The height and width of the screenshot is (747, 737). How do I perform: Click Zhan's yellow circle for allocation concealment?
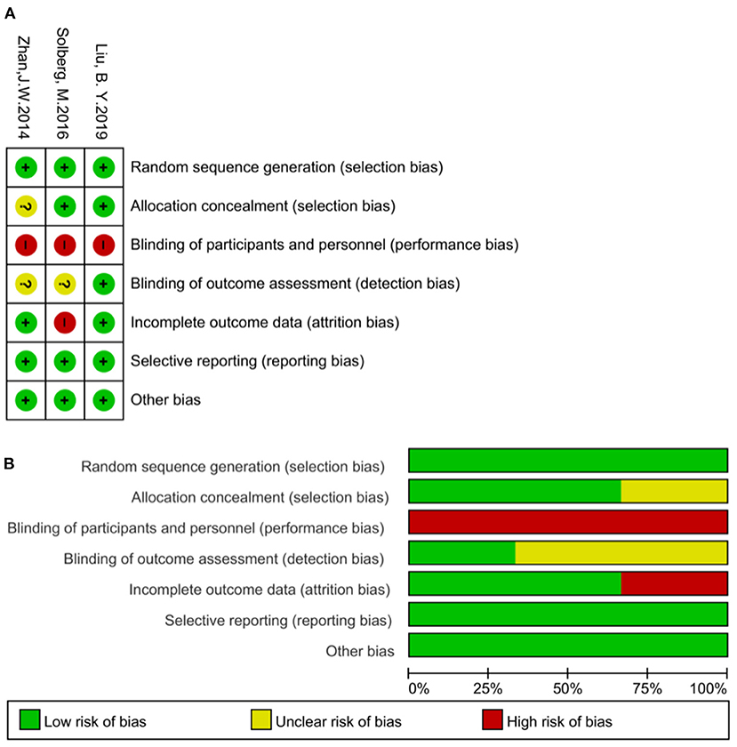26,205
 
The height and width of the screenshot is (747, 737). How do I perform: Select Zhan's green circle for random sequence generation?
26,167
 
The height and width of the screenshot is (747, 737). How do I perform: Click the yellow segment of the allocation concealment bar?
674,491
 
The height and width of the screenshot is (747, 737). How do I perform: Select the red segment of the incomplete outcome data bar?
674,584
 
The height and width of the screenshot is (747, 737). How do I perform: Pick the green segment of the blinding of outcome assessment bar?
461,553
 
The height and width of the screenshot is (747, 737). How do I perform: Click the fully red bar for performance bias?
567,522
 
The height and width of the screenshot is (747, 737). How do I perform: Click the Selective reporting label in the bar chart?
277,620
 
